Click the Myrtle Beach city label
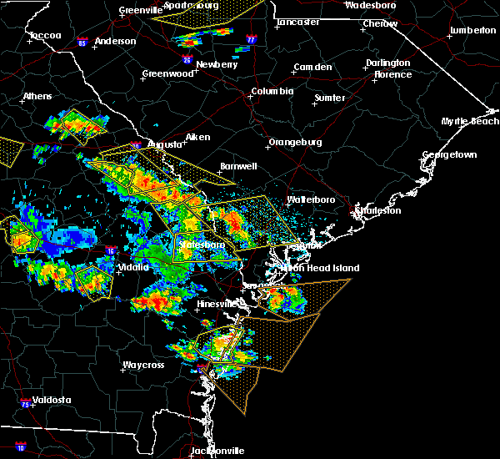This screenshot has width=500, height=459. [470, 122]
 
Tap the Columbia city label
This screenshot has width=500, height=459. [272, 92]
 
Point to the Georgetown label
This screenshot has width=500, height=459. [449, 155]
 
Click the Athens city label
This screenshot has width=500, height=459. [37, 96]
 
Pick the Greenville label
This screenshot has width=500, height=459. [117, 10]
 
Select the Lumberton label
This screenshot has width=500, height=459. [472, 30]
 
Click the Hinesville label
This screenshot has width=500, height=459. [218, 304]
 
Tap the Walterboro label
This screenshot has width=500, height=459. [311, 199]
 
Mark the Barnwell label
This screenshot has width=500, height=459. [238, 166]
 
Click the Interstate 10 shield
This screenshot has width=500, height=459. [21, 447]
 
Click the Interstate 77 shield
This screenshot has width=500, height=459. [252, 39]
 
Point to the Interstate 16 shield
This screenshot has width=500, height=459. [111, 250]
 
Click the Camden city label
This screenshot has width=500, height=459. [313, 67]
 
